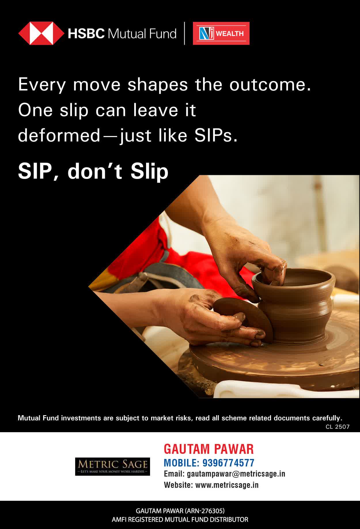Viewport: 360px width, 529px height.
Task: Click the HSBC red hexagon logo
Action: coord(41,33)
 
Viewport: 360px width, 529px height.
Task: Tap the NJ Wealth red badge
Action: coord(221,33)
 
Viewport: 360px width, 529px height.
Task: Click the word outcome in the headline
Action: coord(270,85)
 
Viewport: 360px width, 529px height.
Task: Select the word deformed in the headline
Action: coord(59,135)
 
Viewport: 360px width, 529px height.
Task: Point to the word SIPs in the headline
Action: coord(216,135)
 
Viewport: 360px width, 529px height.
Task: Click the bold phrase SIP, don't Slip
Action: coord(93,171)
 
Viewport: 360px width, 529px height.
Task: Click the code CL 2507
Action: coord(338,427)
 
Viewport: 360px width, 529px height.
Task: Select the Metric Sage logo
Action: coord(113,466)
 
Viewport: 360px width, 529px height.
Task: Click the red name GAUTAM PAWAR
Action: coord(209,449)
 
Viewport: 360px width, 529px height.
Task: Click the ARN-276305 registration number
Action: coord(205,511)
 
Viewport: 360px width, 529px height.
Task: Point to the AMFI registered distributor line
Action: coord(180,520)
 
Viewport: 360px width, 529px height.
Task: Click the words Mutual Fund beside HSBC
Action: coord(142,34)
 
